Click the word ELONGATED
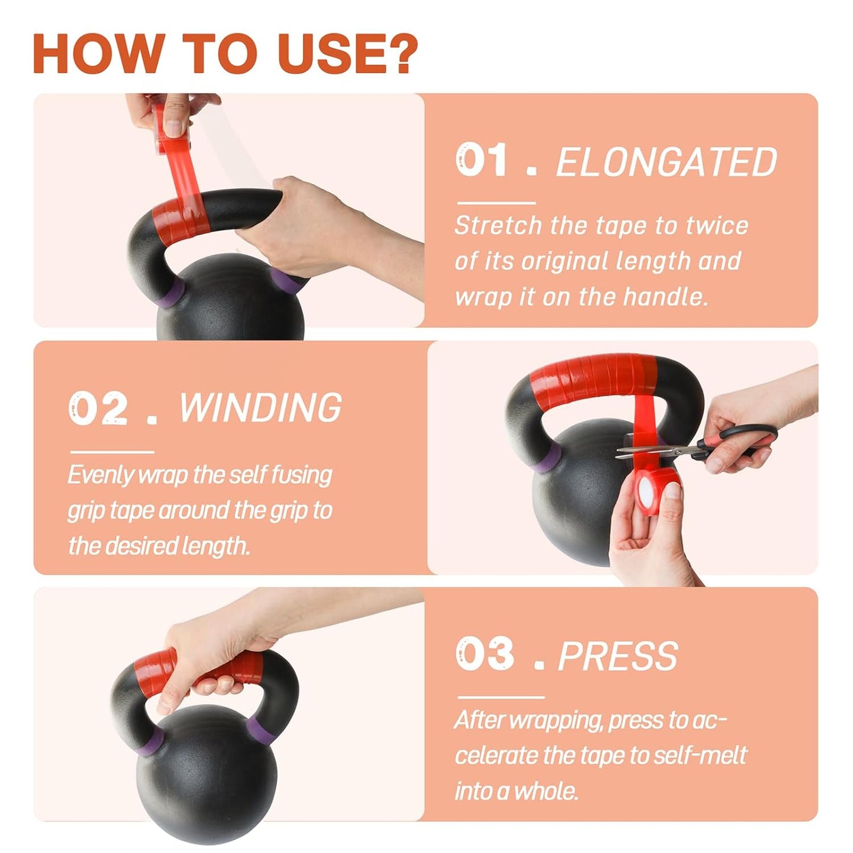[666, 162]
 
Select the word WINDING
[260, 408]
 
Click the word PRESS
[618, 656]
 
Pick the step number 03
[485, 655]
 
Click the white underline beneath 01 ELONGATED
[496, 203]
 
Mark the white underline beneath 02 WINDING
[112, 452]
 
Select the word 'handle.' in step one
[663, 296]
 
